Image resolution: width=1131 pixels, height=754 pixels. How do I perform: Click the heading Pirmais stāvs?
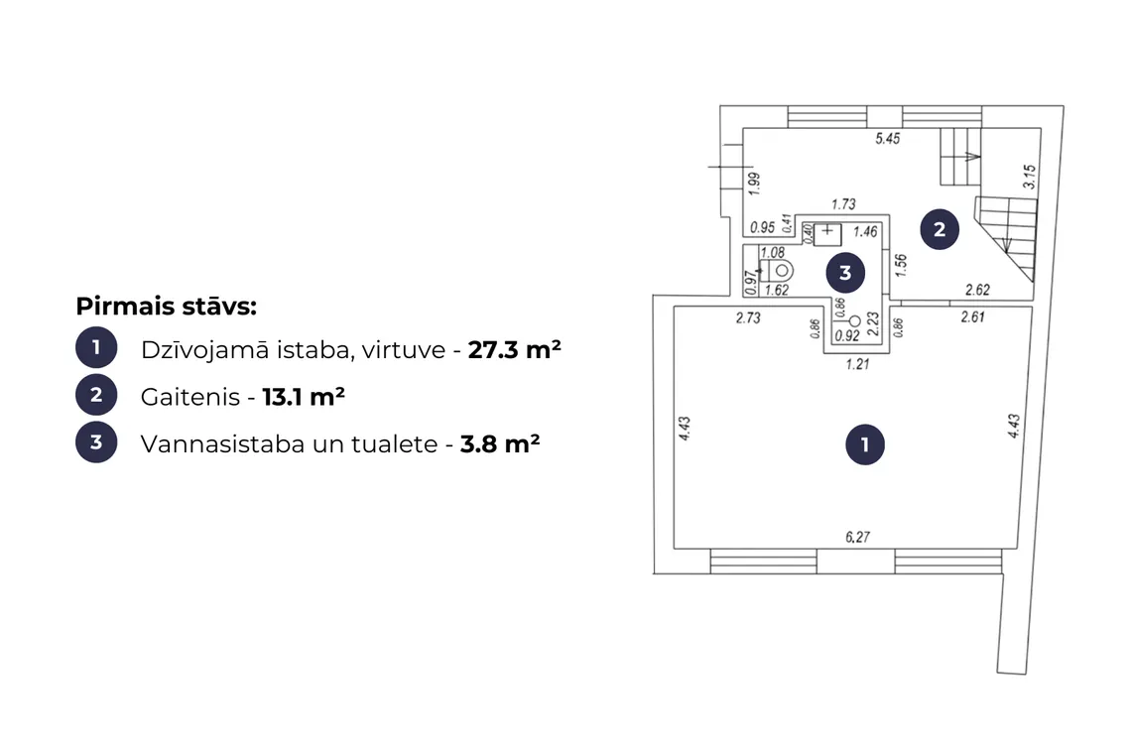[x=166, y=307]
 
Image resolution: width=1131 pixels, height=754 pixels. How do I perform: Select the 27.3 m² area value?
[x=514, y=349]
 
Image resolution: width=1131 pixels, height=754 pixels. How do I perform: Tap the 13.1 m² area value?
[x=303, y=397]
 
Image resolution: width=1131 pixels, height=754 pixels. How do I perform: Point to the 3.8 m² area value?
[x=500, y=443]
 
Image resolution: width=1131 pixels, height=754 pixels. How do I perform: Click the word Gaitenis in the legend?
[x=190, y=397]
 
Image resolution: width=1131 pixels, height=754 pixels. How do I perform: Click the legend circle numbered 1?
[x=96, y=348]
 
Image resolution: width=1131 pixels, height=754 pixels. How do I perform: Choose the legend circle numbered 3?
[x=96, y=442]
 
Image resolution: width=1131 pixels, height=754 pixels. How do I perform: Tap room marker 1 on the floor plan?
[x=865, y=444]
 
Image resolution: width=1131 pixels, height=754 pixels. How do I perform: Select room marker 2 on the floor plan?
[x=940, y=229]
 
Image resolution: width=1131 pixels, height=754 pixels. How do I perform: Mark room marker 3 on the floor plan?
[x=845, y=273]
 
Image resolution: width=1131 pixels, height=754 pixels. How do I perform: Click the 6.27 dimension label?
[x=857, y=537]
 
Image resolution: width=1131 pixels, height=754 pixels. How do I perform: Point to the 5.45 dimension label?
[x=887, y=138]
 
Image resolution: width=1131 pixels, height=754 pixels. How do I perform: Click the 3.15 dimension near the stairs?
[x=1029, y=177]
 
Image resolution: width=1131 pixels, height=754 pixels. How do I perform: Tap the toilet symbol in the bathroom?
[x=779, y=271]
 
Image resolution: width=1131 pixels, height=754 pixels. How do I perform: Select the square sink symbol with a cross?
[x=827, y=234]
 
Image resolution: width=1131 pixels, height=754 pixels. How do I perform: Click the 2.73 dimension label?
[x=748, y=317]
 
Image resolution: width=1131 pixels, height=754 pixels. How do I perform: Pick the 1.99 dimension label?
[x=754, y=184]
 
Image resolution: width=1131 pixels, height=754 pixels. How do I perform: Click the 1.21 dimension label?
[x=857, y=364]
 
